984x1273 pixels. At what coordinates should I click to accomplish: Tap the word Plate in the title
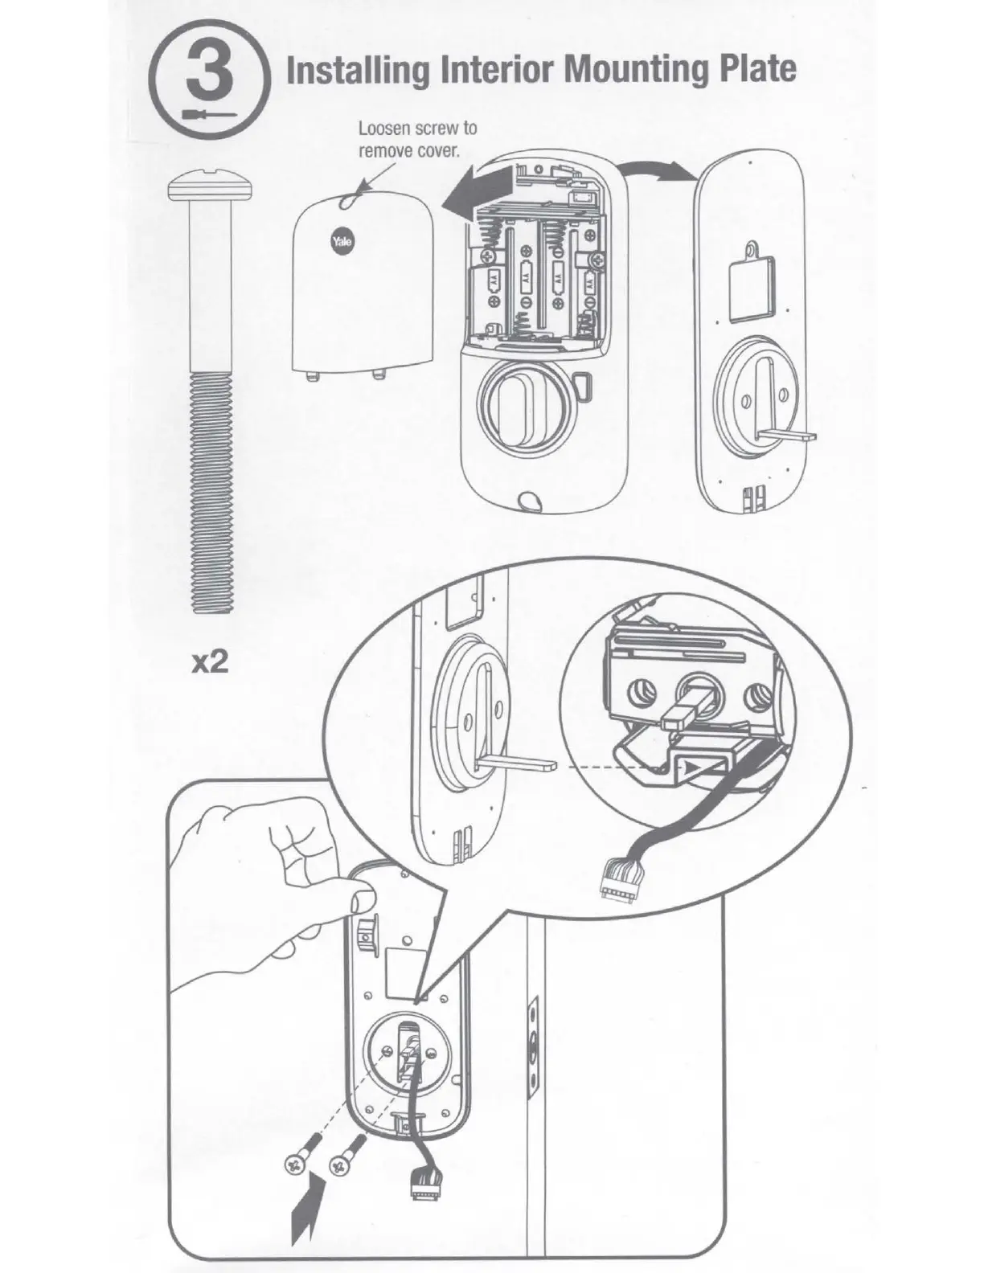(752, 71)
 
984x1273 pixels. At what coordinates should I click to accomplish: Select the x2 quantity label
(207, 661)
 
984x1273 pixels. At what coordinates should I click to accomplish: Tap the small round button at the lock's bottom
(529, 500)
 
